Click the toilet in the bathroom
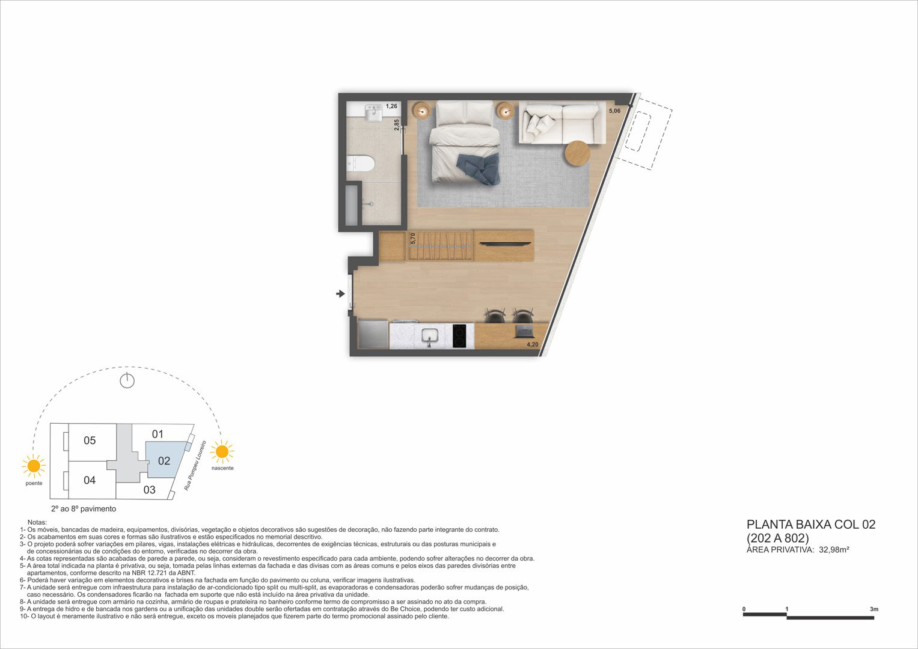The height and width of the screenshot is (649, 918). (x=361, y=163)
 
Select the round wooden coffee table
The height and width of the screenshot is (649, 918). (x=578, y=154)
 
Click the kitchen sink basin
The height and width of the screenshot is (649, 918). (x=429, y=337)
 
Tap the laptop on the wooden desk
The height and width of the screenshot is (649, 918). (x=524, y=331)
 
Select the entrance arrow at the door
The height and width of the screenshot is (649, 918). (x=340, y=293)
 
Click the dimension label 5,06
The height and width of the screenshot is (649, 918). (x=614, y=111)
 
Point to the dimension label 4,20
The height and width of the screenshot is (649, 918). (x=533, y=344)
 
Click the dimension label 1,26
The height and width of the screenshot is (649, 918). (x=391, y=106)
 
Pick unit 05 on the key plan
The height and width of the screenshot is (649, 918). (x=90, y=440)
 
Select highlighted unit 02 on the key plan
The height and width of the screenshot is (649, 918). (x=164, y=461)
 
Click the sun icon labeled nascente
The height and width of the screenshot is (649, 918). (x=222, y=452)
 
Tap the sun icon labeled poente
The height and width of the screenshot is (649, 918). (x=34, y=466)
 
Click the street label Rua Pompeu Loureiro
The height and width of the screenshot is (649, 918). (x=195, y=466)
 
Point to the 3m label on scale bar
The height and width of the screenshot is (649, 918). (x=874, y=609)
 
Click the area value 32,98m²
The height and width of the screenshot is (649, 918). (x=834, y=550)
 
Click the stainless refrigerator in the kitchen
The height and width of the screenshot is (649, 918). (x=373, y=334)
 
